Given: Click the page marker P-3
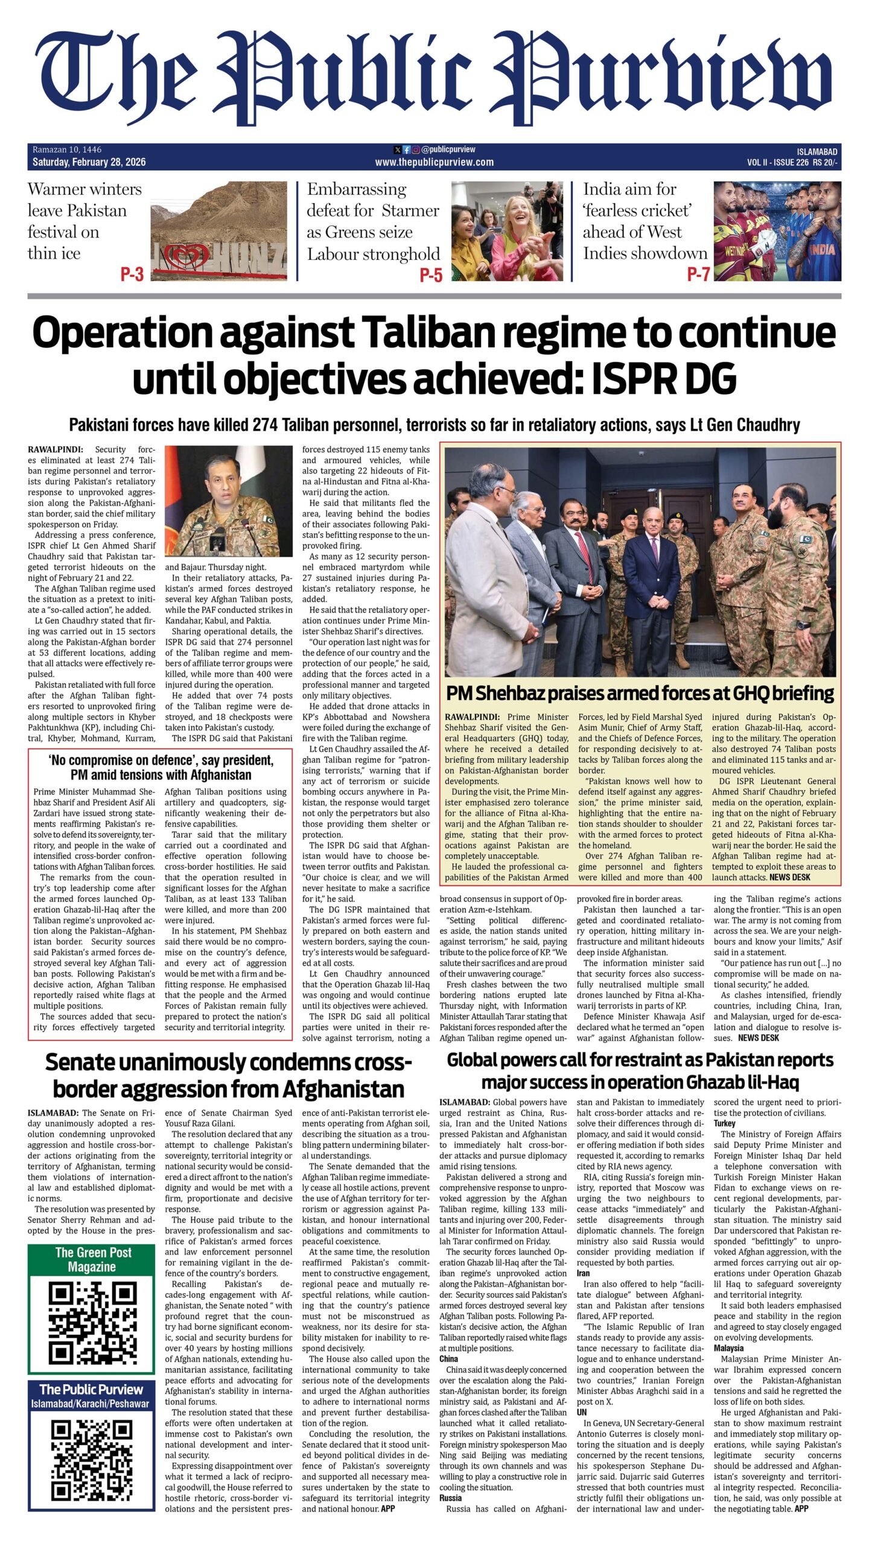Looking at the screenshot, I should (132, 275).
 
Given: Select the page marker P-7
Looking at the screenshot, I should (698, 275).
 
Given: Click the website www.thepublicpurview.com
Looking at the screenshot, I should (434, 162).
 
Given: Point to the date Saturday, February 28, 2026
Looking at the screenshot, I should (89, 162).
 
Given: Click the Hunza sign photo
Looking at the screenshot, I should (218, 231).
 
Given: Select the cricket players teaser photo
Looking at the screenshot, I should (777, 231).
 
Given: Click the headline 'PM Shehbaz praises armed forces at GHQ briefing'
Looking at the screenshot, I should (640, 694).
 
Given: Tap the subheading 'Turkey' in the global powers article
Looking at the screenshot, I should (725, 1124).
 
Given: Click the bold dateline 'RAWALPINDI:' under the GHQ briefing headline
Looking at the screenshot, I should (472, 717).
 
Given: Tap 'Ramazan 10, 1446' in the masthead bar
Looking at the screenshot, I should (67, 150).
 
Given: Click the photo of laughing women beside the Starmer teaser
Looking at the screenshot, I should (508, 231).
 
